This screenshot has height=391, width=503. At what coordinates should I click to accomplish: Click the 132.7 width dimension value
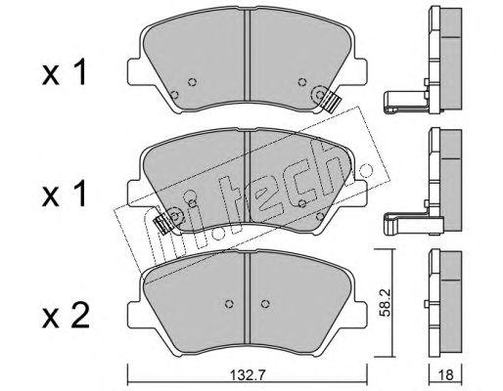pos(248,375)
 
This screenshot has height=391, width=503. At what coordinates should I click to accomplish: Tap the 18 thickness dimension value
pos(446,375)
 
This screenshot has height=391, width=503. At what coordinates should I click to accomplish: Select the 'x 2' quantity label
pos(66,315)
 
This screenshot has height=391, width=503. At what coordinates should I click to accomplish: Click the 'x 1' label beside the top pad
pos(65,72)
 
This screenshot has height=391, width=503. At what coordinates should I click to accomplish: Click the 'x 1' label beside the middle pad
pos(65,194)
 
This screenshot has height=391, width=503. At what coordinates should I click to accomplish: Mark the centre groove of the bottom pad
pos(247,298)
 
